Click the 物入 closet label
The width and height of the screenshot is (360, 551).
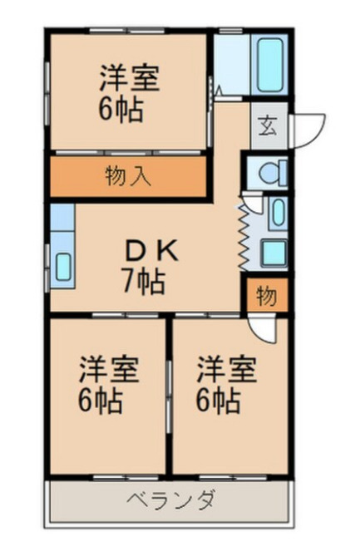(128, 176)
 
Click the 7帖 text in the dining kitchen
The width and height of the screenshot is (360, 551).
(145, 283)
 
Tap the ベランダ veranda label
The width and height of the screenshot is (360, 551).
(173, 500)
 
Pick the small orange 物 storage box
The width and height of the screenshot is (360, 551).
(265, 297)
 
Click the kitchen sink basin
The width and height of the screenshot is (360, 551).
(63, 267)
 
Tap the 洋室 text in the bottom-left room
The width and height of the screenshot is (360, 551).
(108, 368)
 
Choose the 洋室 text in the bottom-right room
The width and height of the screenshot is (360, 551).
(225, 368)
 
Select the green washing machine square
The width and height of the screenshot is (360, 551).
(274, 251)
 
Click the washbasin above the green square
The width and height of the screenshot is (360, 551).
(278, 213)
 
